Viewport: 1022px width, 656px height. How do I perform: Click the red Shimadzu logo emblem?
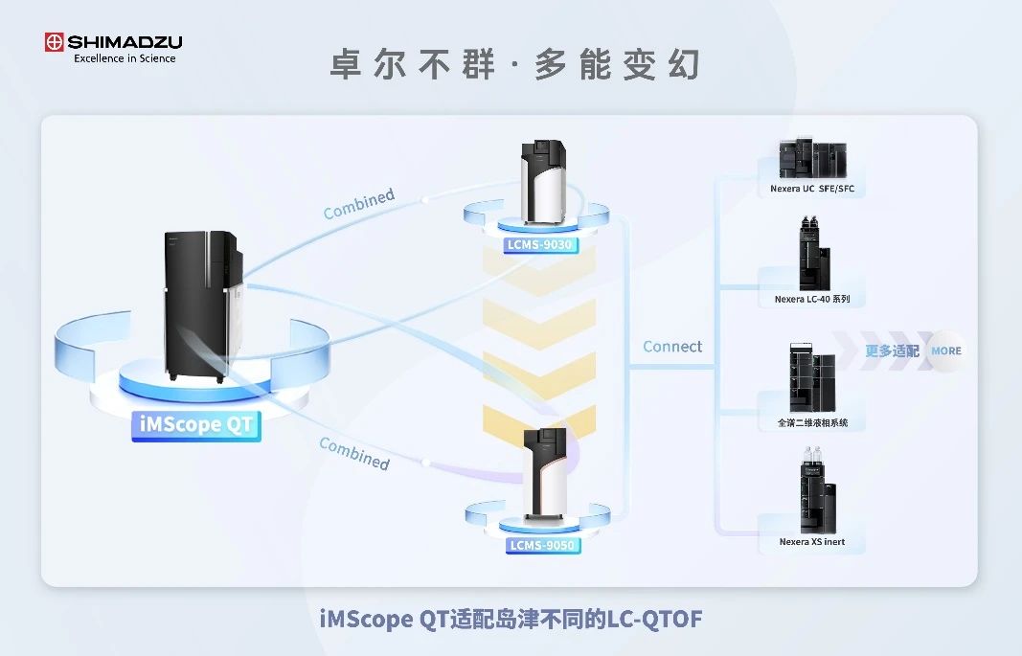(54, 42)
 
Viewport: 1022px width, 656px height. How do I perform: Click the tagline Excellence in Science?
(125, 58)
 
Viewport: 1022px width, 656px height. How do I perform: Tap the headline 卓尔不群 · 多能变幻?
(515, 65)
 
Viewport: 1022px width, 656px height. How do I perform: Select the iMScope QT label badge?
(195, 424)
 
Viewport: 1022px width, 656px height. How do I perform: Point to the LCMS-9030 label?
(541, 245)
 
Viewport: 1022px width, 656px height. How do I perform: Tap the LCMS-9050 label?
(542, 546)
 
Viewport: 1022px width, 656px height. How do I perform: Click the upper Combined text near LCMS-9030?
(359, 203)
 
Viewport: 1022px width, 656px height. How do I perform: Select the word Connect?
(672, 347)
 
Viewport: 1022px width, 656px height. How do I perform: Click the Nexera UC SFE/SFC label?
(811, 189)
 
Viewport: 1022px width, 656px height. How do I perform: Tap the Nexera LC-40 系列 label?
(812, 300)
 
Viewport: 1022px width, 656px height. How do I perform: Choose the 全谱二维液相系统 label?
(812, 422)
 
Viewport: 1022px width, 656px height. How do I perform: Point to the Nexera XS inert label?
(812, 542)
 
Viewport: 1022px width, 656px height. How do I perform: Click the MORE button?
(946, 351)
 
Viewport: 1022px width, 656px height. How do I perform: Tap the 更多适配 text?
(892, 351)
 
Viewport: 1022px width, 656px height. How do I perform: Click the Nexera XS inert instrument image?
(816, 493)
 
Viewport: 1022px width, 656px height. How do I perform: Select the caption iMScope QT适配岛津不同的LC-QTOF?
(511, 620)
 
